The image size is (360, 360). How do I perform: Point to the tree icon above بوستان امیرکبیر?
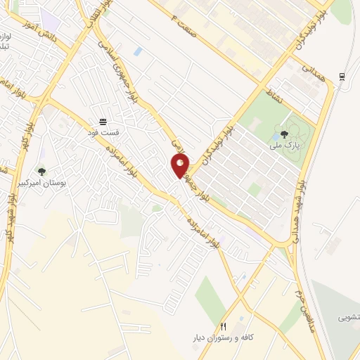(41, 171)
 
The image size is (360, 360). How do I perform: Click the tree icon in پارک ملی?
(284, 134)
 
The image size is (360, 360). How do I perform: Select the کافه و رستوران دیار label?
(224, 338)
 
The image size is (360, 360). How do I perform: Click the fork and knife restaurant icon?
(224, 326)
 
